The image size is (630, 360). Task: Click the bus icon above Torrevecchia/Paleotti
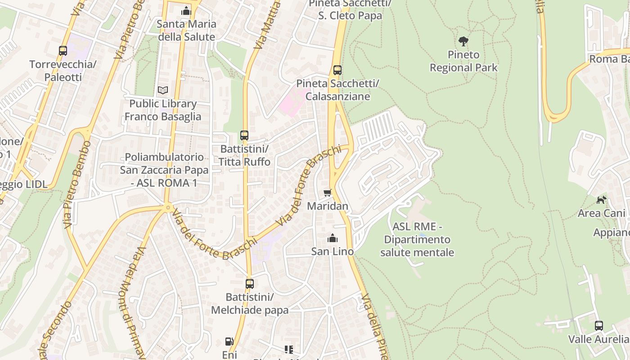pyautogui.click(x=63, y=51)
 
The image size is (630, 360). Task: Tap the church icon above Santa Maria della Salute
pyautogui.click(x=186, y=11)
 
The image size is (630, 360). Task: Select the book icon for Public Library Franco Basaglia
pyautogui.click(x=163, y=90)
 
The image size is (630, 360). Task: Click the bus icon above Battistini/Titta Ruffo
pyautogui.click(x=244, y=135)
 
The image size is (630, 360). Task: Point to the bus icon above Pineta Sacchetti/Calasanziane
pyautogui.click(x=337, y=70)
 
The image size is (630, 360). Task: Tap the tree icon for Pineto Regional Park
pyautogui.click(x=463, y=41)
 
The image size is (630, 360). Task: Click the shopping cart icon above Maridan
pyautogui.click(x=328, y=193)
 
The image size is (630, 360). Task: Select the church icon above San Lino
pyautogui.click(x=333, y=238)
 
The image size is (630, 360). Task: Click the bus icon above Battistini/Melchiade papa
pyautogui.click(x=250, y=284)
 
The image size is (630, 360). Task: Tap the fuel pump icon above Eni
pyautogui.click(x=229, y=342)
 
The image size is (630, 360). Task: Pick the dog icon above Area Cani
pyautogui.click(x=602, y=200)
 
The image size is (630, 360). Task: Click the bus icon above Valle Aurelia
pyautogui.click(x=599, y=326)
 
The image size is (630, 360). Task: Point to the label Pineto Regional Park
pyautogui.click(x=463, y=61)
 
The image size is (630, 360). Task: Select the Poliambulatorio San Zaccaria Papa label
pyautogui.click(x=164, y=170)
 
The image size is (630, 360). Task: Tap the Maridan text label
pyautogui.click(x=328, y=206)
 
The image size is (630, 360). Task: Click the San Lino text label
pyautogui.click(x=333, y=252)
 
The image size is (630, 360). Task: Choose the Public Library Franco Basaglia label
pyautogui.click(x=163, y=110)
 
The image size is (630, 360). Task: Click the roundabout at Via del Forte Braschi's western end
pyautogui.click(x=168, y=207)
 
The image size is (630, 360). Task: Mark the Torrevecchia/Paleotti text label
pyautogui.click(x=63, y=71)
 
